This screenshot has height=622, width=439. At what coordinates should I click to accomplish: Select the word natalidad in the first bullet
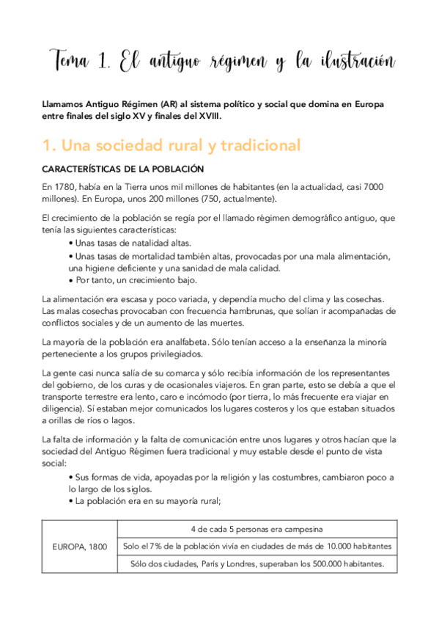point(154,242)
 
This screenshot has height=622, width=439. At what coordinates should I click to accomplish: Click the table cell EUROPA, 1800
point(79,546)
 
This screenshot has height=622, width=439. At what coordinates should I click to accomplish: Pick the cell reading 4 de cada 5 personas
point(257,529)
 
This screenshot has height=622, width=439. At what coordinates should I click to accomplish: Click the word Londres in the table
point(241,563)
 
